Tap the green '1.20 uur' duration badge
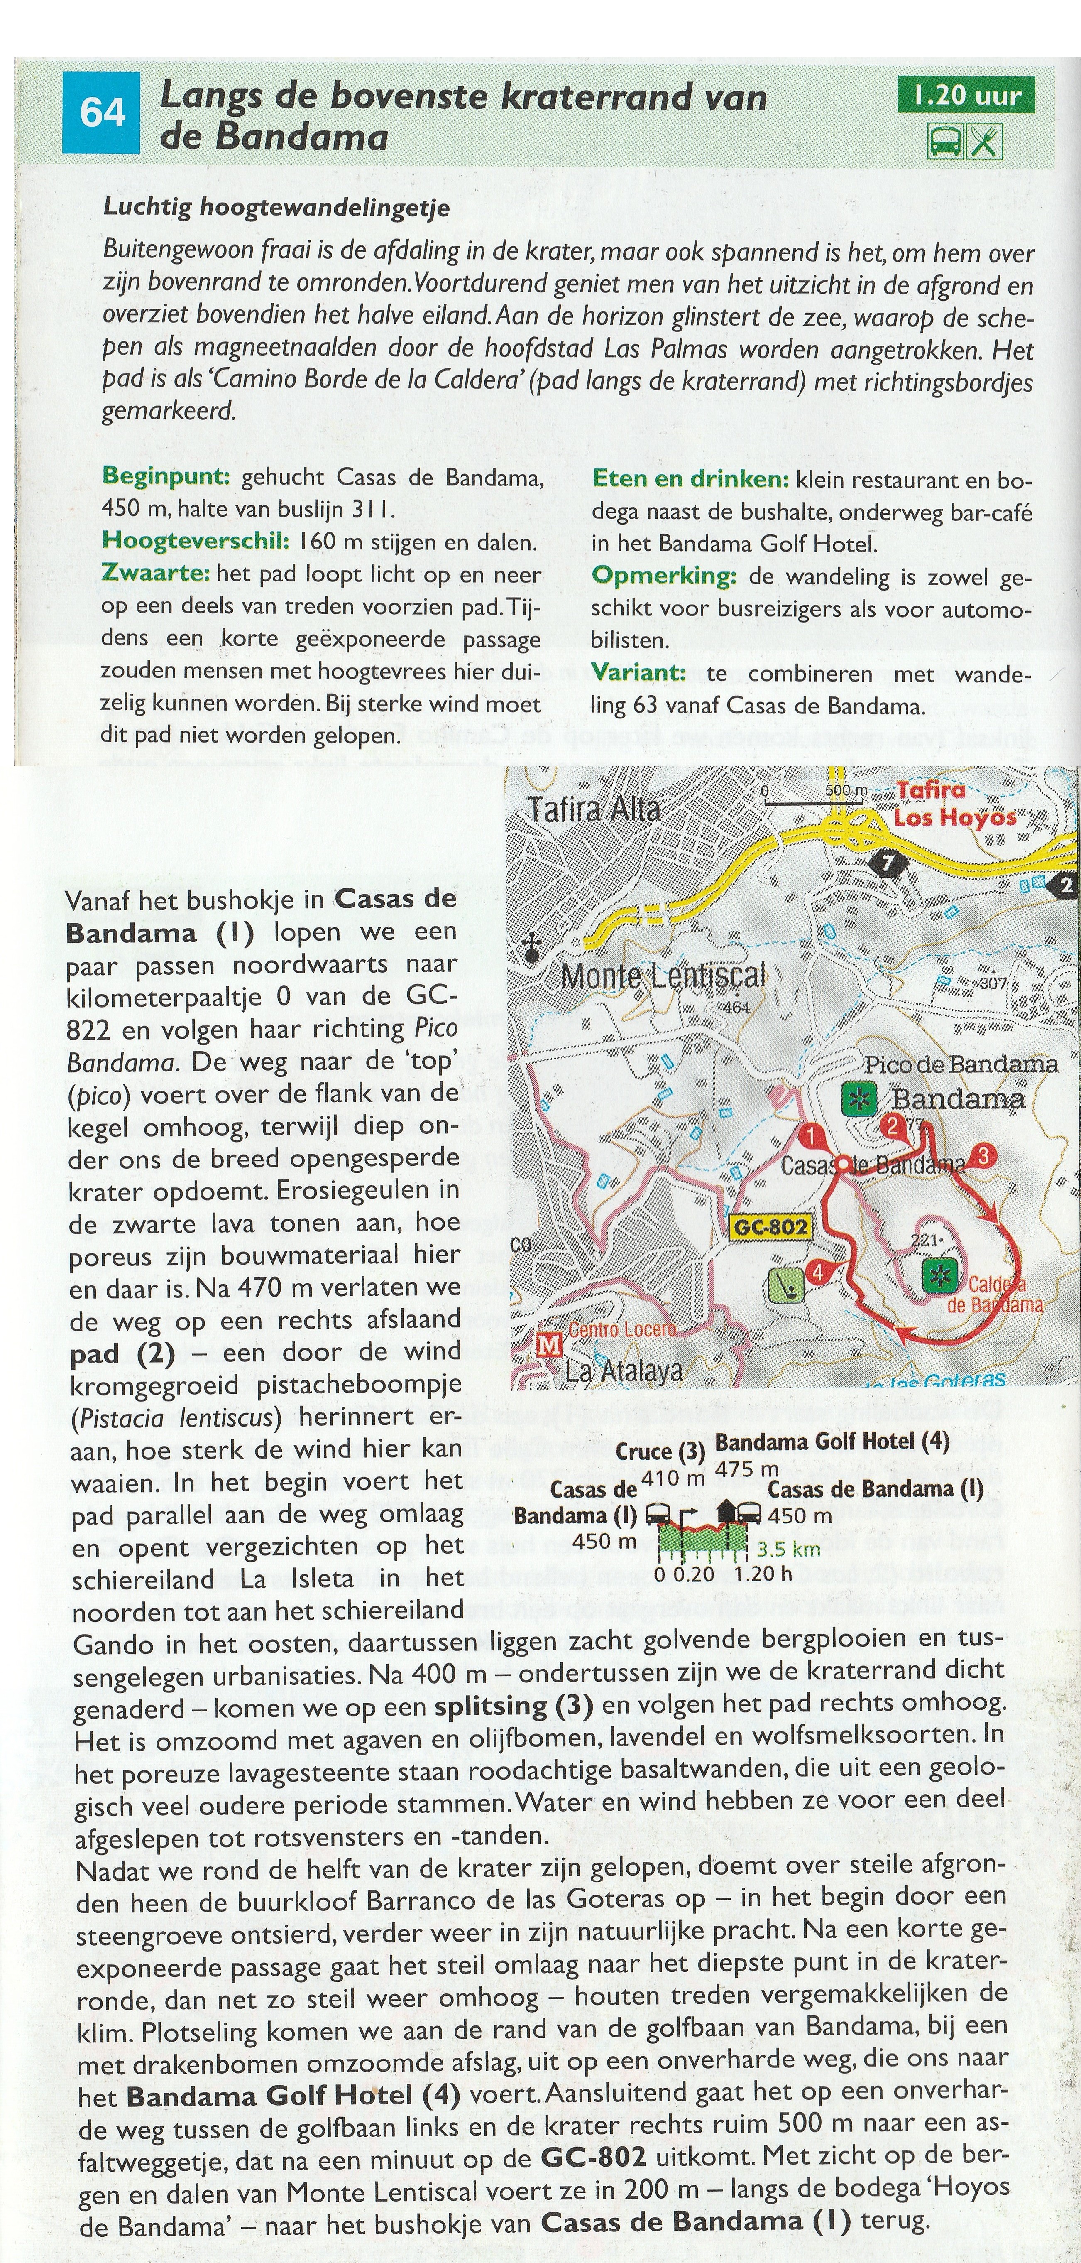[x=966, y=95]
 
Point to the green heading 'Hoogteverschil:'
[x=195, y=541]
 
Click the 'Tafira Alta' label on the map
[x=594, y=808]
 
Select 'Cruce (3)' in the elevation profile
[x=660, y=1451]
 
